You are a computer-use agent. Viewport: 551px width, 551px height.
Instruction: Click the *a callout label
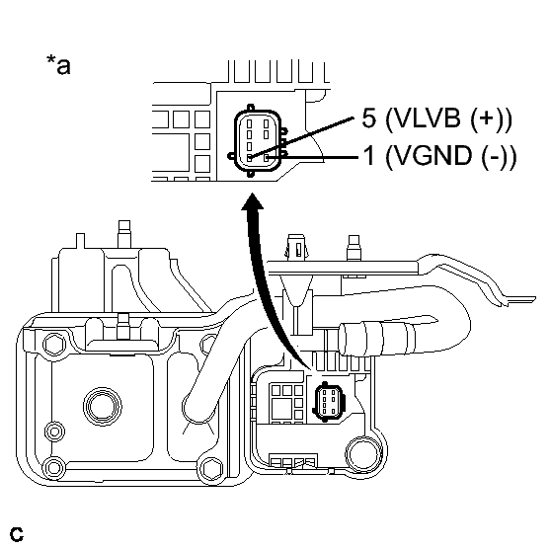58,64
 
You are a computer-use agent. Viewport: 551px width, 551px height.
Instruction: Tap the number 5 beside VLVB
369,118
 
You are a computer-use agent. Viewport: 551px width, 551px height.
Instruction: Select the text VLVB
428,118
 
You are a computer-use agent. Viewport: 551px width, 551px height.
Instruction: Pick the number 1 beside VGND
369,156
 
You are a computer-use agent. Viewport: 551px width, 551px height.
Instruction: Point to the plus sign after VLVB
487,118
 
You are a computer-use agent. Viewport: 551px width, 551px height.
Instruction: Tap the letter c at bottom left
16,534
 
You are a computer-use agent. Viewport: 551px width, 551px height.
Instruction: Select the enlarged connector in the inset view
257,140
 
